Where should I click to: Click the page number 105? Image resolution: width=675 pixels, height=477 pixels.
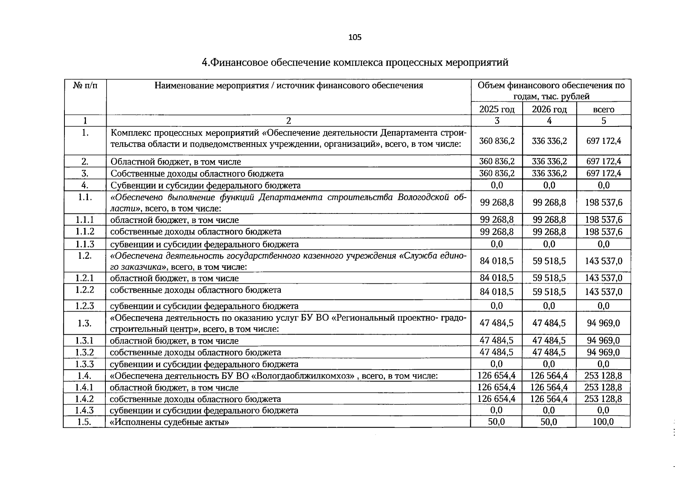[355, 37]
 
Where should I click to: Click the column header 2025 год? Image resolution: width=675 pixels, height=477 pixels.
[497, 109]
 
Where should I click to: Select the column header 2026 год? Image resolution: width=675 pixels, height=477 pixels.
[549, 109]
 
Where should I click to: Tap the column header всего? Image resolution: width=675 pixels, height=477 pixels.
[603, 109]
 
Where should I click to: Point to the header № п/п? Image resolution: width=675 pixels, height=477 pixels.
[85, 85]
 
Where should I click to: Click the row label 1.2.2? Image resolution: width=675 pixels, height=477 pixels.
[85, 290]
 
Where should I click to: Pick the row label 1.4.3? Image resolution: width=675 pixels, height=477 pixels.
[85, 410]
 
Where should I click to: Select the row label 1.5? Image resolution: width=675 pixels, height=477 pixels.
[85, 422]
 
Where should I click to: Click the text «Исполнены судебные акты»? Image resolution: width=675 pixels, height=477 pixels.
[169, 422]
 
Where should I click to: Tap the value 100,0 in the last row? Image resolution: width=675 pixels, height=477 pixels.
[603, 422]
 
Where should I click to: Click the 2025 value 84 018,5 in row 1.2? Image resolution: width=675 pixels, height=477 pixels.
[497, 261]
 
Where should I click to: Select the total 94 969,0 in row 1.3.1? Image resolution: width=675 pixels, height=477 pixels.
[603, 340]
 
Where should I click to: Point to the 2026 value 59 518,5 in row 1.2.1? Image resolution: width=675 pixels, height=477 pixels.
[549, 278]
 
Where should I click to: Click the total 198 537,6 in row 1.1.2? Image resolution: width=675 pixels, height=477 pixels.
[603, 232]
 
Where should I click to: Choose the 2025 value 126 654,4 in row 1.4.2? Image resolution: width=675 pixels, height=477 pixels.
[497, 399]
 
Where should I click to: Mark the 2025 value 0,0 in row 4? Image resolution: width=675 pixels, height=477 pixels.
[497, 185]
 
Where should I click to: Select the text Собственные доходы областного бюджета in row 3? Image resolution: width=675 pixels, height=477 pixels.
[197, 174]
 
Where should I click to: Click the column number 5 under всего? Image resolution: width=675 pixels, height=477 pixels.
[603, 121]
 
